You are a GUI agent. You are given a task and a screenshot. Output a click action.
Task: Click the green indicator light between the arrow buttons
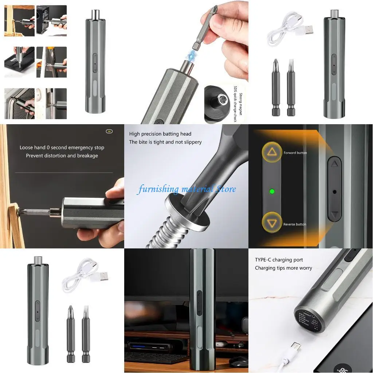(x=271, y=191)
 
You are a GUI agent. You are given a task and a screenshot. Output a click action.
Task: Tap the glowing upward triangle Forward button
(x=271, y=152)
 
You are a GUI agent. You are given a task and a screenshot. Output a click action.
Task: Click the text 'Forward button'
(x=295, y=153)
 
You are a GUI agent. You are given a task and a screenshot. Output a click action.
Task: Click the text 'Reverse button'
(x=295, y=224)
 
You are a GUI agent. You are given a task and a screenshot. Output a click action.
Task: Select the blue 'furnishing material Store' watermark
(x=186, y=189)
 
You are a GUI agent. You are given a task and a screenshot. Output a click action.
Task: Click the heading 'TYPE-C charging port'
(x=279, y=260)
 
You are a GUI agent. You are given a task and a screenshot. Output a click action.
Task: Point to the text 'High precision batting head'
(x=160, y=134)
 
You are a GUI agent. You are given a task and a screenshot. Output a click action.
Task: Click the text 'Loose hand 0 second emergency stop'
(x=62, y=148)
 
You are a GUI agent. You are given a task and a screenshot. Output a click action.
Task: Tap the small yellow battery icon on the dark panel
(x=109, y=131)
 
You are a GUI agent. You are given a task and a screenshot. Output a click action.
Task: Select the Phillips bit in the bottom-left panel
(x=71, y=333)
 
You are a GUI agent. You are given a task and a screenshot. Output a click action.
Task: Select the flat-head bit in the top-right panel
(x=291, y=87)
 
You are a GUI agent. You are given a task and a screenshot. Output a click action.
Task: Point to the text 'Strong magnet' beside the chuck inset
(x=241, y=102)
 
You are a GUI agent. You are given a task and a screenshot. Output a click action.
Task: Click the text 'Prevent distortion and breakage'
(x=62, y=156)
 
